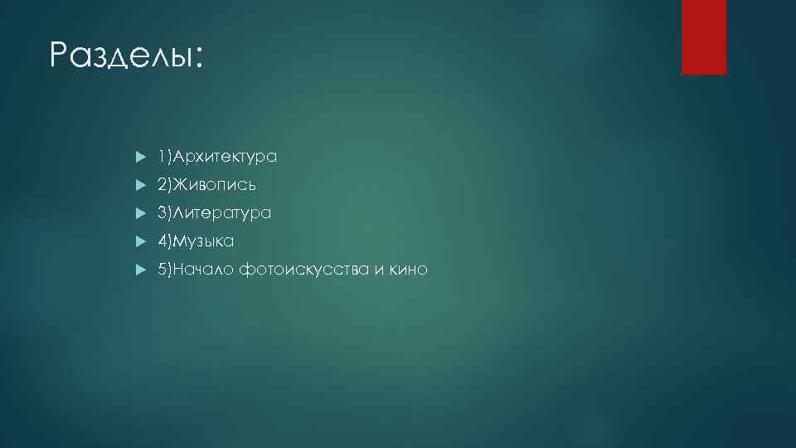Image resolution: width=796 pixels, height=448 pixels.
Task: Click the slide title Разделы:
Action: [124, 56]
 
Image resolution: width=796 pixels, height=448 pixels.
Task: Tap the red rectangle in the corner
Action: [703, 37]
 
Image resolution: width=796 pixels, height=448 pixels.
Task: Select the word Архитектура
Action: [224, 157]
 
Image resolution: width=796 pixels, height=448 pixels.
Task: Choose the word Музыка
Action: [204, 241]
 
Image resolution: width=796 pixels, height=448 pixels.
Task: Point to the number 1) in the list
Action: [165, 157]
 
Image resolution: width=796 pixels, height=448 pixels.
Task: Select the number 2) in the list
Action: [165, 185]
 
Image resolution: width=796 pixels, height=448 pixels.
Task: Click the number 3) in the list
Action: [165, 213]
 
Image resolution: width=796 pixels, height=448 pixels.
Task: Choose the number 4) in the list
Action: [165, 241]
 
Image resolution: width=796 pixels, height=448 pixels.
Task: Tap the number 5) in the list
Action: [165, 270]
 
